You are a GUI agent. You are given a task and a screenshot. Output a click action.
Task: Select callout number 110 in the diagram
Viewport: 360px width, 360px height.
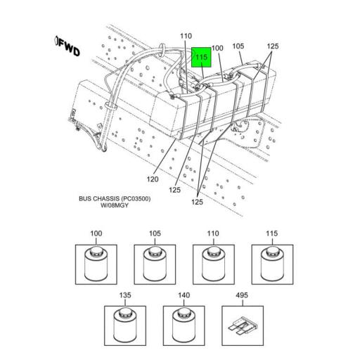[185, 36]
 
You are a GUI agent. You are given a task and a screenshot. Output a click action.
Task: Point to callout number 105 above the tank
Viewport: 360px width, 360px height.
[238, 47]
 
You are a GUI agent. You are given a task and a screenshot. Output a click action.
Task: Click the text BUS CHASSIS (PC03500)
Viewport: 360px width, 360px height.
[115, 199]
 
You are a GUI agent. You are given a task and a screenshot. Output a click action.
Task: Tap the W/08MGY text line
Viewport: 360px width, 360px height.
[115, 207]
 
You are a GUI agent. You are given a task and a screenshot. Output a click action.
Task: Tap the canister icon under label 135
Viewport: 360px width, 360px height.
[124, 323]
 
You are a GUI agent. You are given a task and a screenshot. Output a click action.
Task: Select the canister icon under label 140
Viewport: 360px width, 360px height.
[183, 323]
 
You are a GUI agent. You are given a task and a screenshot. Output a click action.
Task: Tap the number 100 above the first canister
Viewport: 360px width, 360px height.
[95, 233]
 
